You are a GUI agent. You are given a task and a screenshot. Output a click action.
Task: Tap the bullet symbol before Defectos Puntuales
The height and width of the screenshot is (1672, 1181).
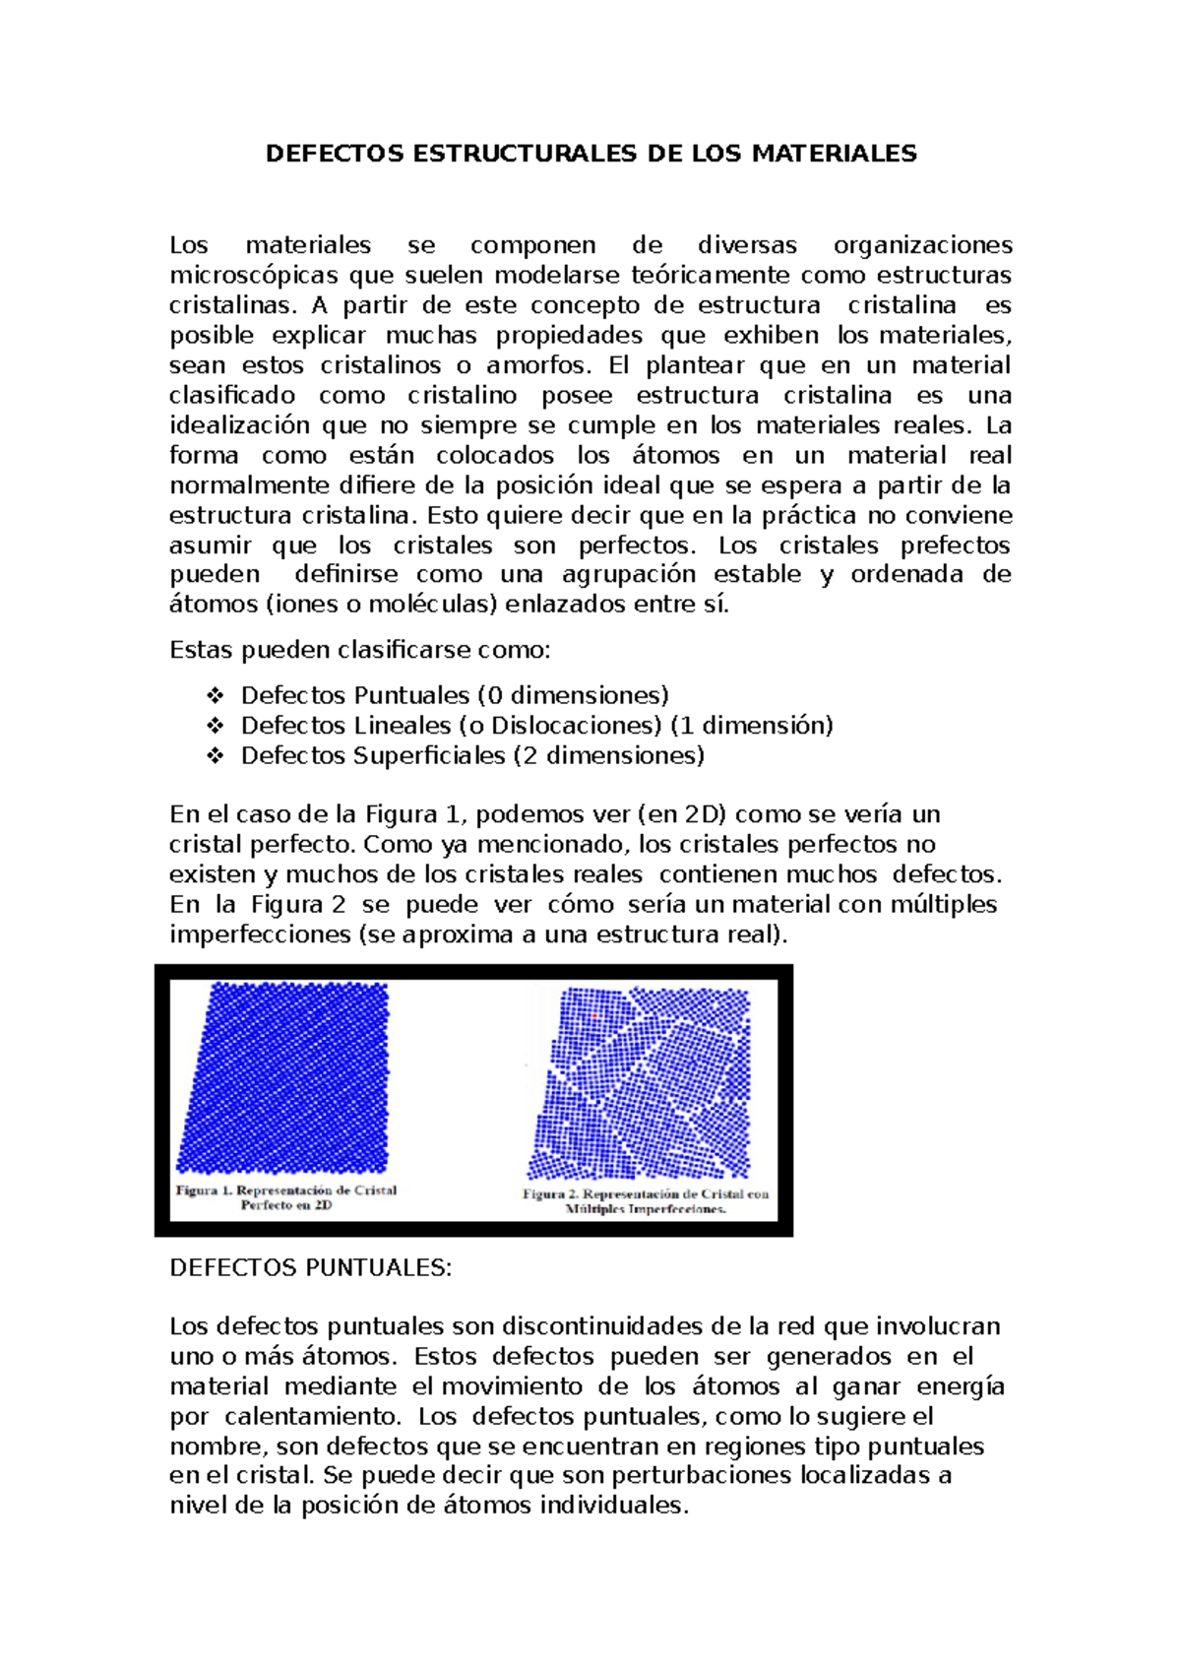tap(215, 696)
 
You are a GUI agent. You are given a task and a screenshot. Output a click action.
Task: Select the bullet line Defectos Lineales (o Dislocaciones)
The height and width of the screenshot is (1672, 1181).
tap(536, 726)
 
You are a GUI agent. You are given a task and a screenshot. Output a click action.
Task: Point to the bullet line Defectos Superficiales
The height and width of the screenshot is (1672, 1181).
tap(472, 755)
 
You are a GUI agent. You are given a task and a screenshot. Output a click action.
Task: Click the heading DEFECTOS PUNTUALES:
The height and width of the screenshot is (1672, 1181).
tap(310, 1267)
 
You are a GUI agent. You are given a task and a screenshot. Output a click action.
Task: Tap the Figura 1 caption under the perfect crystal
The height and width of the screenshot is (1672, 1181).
tap(286, 1197)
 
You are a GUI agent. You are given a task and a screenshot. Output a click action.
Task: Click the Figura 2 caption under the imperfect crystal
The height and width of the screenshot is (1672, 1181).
tap(646, 1201)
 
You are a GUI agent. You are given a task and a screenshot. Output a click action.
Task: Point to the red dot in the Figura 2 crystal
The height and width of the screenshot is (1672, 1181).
tap(594, 1015)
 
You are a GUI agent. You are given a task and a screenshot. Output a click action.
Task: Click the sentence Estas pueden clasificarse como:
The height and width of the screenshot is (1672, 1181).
tap(360, 650)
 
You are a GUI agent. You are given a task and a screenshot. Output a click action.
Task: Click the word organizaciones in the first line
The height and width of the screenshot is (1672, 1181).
tap(922, 245)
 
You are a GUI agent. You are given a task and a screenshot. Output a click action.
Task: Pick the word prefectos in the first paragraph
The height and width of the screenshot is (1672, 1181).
tap(955, 546)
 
